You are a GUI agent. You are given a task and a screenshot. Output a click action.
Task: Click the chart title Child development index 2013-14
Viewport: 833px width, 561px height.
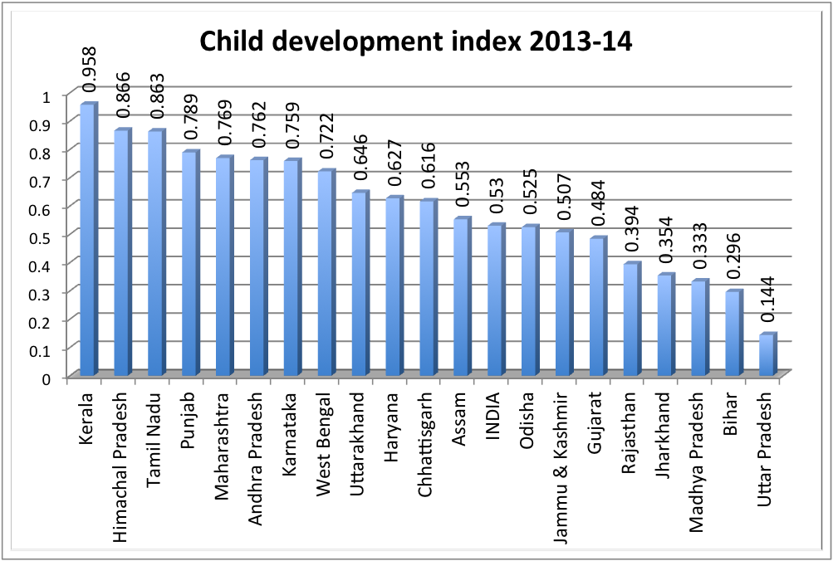pos(414,41)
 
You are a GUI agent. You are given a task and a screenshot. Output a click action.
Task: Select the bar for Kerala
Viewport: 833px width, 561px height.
pos(88,241)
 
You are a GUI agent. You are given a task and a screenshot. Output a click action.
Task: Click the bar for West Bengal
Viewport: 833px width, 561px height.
pos(324,274)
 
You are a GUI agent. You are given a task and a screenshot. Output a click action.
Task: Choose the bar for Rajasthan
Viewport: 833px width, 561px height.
pos(630,320)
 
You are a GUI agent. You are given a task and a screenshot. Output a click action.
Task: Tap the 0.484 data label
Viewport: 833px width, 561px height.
pos(595,212)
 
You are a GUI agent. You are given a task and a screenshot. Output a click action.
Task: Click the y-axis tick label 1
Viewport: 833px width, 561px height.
pos(47,96)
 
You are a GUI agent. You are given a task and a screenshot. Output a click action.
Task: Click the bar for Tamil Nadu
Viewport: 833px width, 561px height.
pos(155,254)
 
